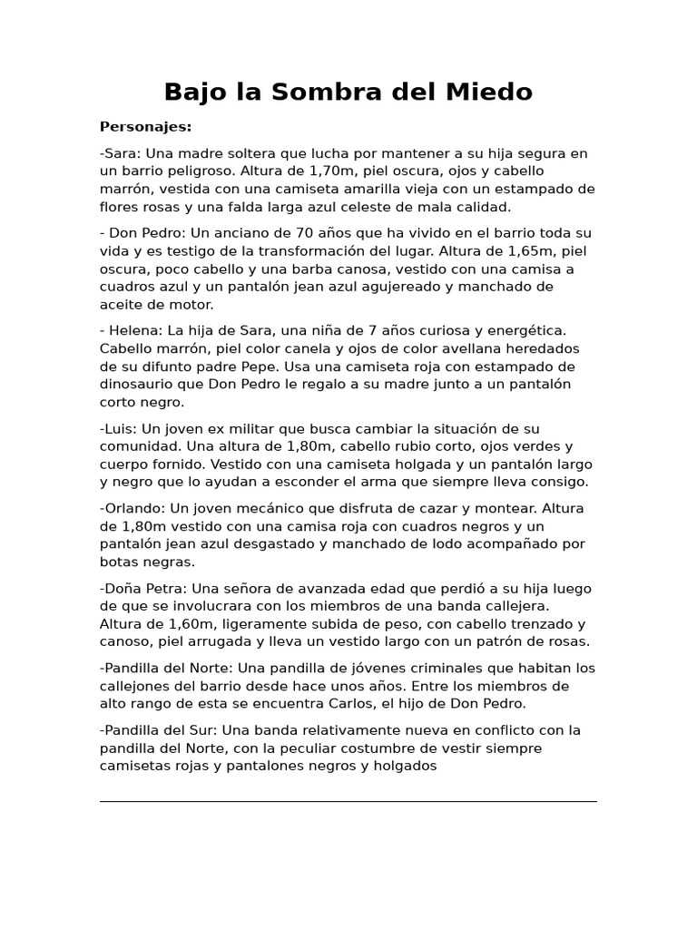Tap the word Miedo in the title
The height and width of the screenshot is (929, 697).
[x=491, y=93]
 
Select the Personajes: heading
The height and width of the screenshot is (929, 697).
[x=145, y=126]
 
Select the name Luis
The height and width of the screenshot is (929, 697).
[x=121, y=429]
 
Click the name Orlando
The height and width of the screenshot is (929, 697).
[x=133, y=509]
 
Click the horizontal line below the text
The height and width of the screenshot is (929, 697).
[x=348, y=801]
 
